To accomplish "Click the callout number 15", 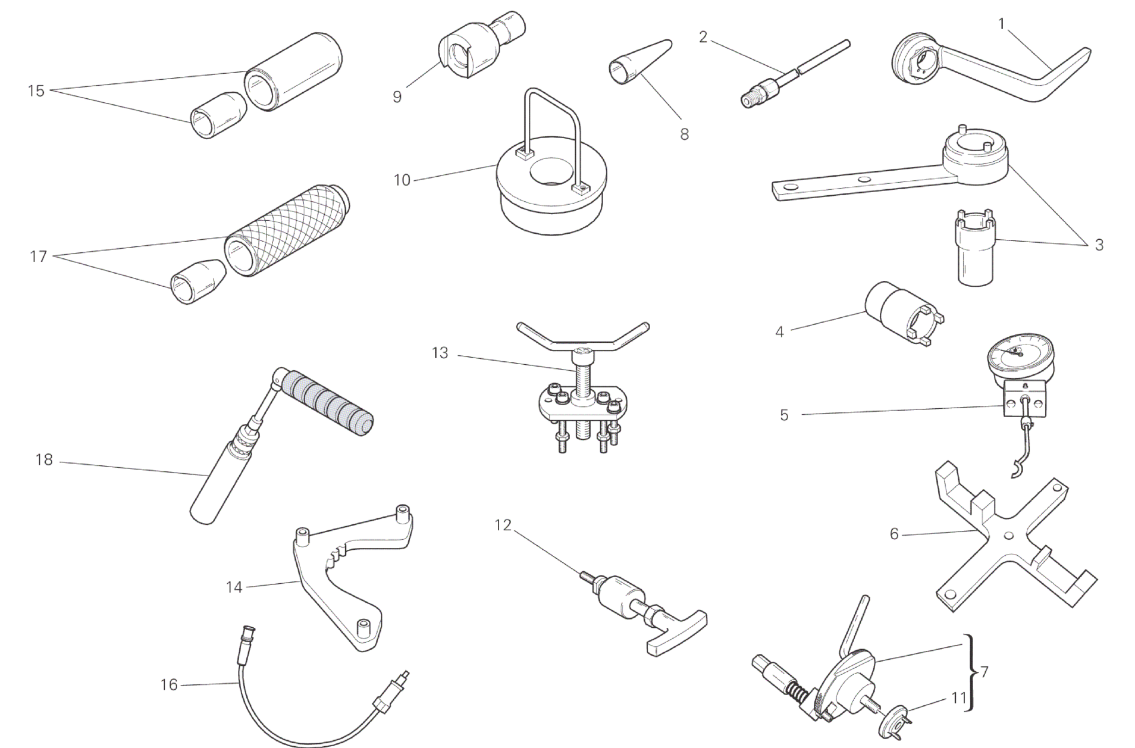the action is (x=36, y=91).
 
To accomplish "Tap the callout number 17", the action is (x=38, y=257).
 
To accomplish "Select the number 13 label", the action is (x=440, y=353).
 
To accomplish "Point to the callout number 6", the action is (x=894, y=534).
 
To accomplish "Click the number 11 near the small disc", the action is (x=958, y=697).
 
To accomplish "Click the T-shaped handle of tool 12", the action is (x=676, y=631).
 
